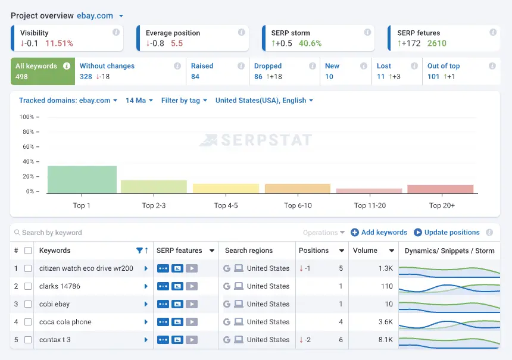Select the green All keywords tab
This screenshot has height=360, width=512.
click(x=42, y=71)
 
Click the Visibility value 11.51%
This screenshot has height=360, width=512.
click(x=59, y=43)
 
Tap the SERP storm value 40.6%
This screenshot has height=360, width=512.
click(x=310, y=43)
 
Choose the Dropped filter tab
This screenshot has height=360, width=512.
click(x=268, y=71)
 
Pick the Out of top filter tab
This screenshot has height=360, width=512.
click(x=444, y=71)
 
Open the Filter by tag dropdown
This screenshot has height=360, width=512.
click(x=184, y=101)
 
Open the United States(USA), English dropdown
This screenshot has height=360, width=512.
click(x=264, y=101)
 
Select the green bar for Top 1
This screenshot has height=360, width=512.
click(x=82, y=179)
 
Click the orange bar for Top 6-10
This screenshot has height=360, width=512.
click(x=298, y=188)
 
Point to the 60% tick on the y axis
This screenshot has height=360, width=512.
click(x=29, y=147)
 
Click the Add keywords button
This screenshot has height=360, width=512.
click(x=379, y=233)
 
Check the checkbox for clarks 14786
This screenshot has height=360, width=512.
click(x=28, y=286)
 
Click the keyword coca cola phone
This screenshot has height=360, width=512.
click(x=65, y=322)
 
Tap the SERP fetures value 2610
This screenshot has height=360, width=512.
click(x=437, y=43)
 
